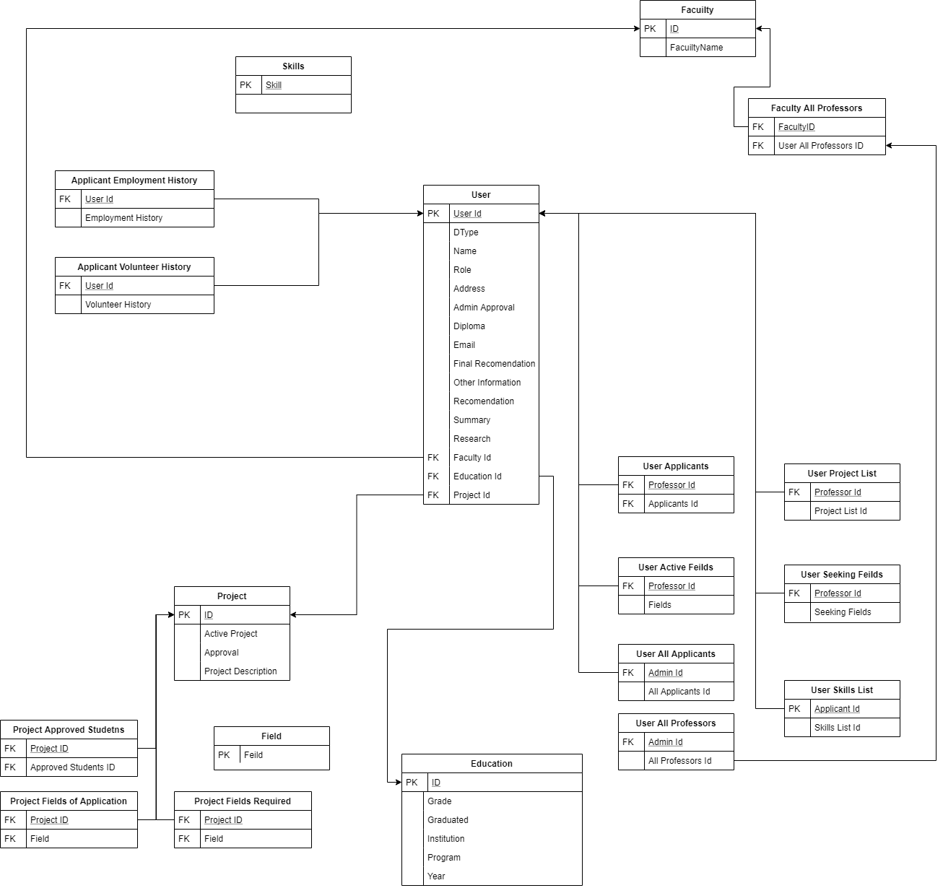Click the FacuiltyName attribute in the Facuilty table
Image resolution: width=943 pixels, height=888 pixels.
696,48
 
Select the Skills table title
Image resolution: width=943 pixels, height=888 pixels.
293,66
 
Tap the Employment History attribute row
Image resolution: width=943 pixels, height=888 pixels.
123,218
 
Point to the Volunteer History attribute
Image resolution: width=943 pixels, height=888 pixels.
118,305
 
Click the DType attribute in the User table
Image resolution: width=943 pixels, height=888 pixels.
466,232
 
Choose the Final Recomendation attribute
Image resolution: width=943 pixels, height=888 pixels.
494,364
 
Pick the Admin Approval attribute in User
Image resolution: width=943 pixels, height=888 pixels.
484,308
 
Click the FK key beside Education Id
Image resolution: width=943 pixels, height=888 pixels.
433,476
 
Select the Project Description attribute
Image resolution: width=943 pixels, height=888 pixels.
240,671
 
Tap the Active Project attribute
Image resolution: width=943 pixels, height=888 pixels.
230,634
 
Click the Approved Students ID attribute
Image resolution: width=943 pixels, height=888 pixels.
72,767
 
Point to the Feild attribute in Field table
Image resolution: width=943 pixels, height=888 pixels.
253,755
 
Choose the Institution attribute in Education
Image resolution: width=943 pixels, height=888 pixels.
446,839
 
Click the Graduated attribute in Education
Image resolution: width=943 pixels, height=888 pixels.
448,820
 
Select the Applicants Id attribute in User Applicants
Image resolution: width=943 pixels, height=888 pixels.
673,504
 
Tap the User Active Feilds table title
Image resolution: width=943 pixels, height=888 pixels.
676,567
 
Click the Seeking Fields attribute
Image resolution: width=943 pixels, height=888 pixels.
843,612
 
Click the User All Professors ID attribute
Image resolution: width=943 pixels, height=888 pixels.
820,146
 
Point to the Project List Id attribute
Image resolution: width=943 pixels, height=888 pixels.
840,511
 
